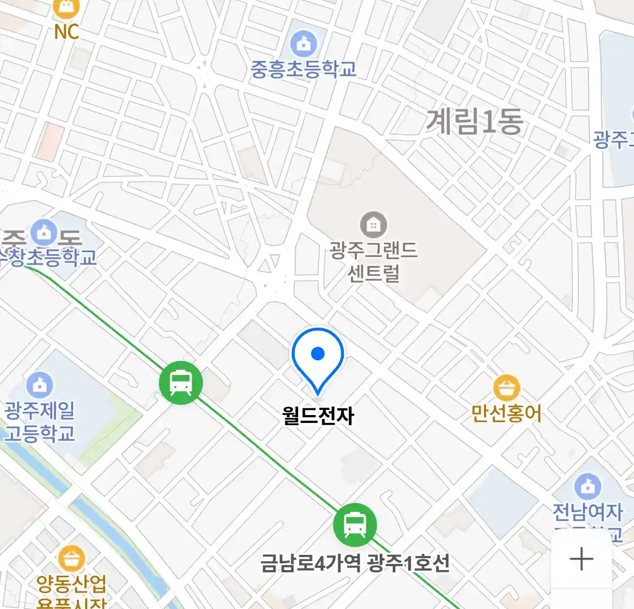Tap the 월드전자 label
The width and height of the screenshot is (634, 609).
click(318, 416)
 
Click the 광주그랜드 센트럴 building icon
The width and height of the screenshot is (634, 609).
click(373, 225)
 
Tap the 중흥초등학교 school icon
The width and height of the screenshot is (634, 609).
click(303, 43)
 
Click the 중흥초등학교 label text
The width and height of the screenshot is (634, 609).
click(303, 69)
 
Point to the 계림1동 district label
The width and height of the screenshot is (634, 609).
click(475, 121)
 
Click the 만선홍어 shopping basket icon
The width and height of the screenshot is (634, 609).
click(506, 387)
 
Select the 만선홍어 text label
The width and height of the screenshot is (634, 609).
click(506, 413)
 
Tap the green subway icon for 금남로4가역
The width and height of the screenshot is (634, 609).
click(354, 524)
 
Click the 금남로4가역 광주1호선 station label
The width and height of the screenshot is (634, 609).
click(355, 563)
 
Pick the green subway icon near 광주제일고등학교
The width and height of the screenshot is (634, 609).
click(181, 383)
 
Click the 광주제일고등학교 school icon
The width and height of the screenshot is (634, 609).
click(39, 385)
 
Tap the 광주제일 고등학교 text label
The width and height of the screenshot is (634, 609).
click(39, 422)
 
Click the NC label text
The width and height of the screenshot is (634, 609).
click(66, 32)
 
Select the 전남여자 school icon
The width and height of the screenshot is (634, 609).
click(588, 486)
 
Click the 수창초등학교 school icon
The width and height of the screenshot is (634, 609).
click(43, 232)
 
